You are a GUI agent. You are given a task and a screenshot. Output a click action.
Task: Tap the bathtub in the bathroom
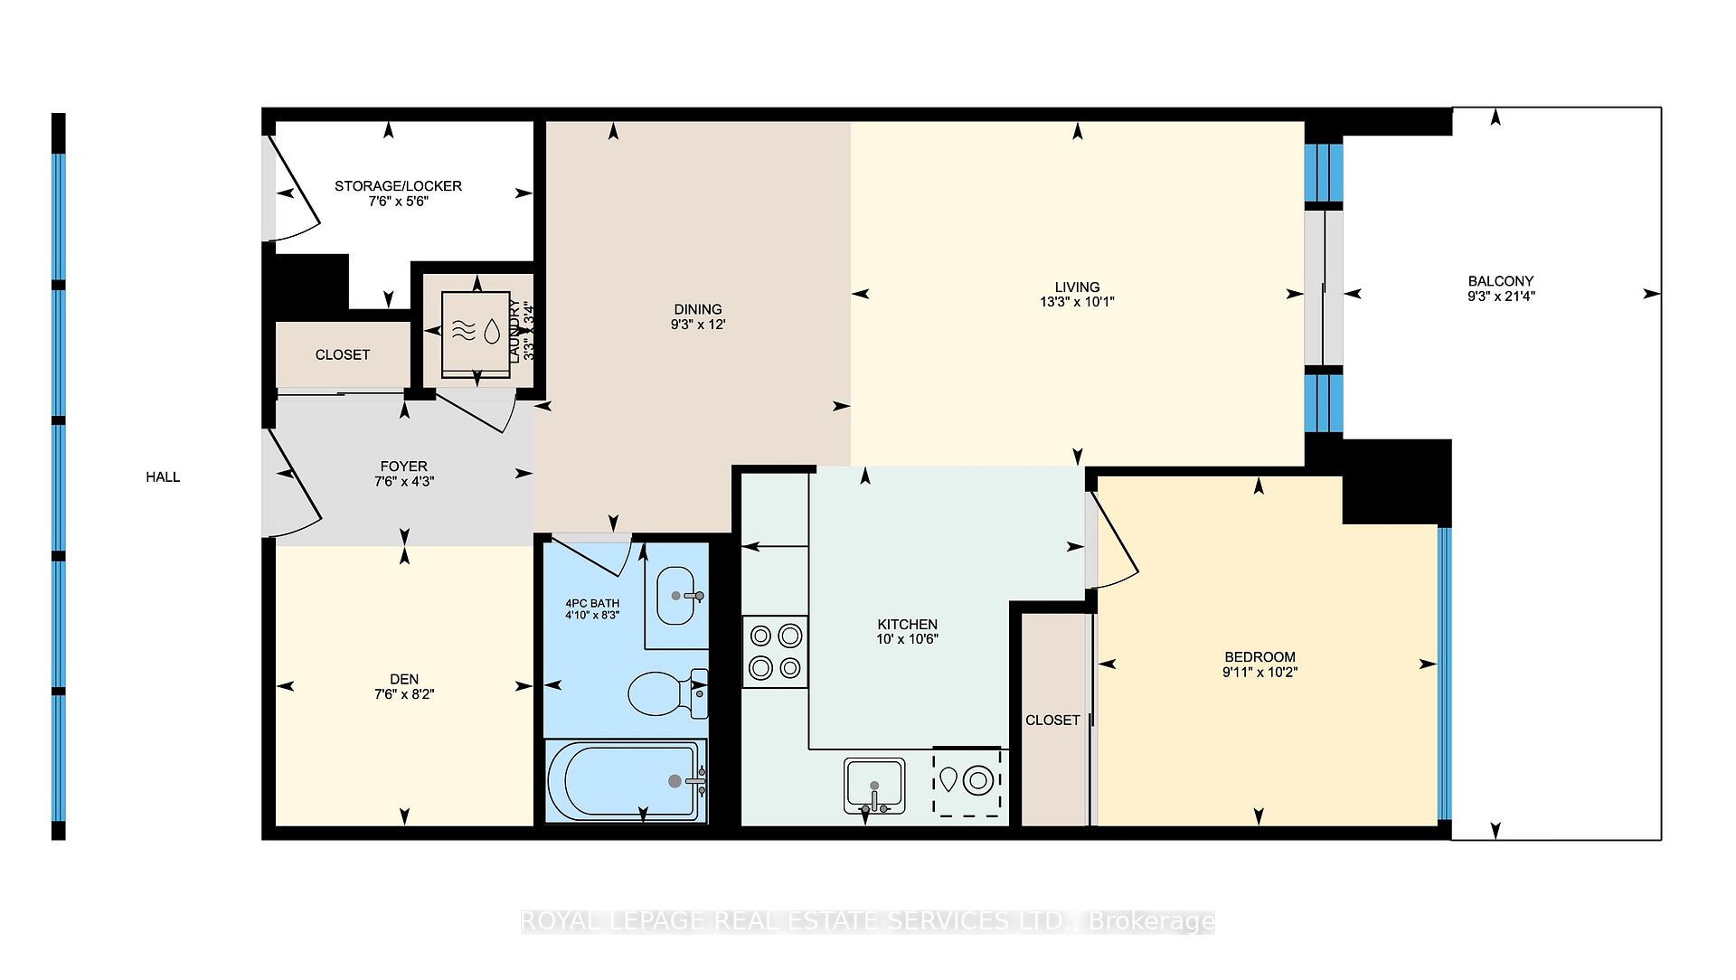[x=626, y=781]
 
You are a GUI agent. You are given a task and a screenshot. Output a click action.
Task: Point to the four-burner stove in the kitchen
[x=775, y=652]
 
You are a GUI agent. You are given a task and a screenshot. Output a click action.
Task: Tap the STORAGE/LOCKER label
[x=398, y=185]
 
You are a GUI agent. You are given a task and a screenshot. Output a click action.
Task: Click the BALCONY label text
[x=1500, y=280]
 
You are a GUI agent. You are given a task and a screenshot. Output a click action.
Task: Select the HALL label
[x=163, y=476]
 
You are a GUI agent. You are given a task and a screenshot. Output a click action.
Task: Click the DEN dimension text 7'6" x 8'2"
[x=404, y=694]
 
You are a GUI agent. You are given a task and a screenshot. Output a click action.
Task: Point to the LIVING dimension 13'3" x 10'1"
[x=1077, y=302]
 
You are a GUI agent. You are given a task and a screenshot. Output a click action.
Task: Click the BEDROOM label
[x=1260, y=656]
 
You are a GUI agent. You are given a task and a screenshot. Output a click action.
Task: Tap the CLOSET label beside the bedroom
[x=1052, y=720]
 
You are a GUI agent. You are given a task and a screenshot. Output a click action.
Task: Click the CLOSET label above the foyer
[x=342, y=354]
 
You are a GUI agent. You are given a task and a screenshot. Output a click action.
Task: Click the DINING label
[x=697, y=309]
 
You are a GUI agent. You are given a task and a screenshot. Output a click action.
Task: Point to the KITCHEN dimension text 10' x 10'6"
[x=907, y=638]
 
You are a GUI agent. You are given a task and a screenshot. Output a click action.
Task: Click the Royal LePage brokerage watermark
[x=868, y=921]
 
